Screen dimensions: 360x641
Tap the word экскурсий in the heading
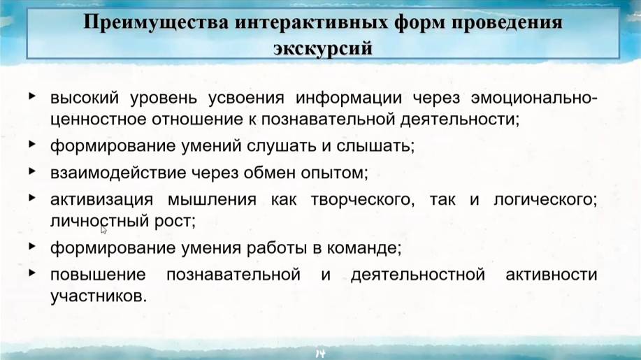322,48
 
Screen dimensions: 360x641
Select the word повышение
98,275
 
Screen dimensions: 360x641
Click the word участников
99,296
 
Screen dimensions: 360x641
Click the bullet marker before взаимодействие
32,170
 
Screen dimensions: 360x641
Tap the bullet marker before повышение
32,273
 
